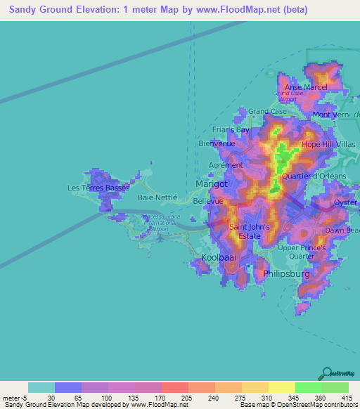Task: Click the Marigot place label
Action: [211, 184]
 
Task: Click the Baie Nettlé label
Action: [157, 198]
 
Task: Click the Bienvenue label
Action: [217, 143]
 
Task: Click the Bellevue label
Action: [208, 201]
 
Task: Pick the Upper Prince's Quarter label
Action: [302, 252]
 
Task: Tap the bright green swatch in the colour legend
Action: [309, 387]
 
